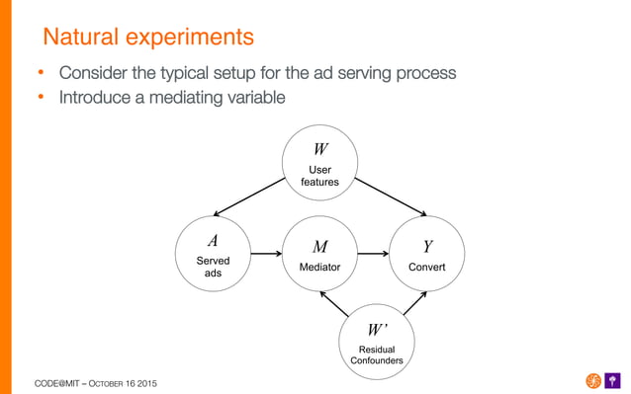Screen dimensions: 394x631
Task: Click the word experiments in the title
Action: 190,39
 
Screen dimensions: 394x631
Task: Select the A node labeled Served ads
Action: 213,255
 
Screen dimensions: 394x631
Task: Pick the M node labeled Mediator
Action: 319,255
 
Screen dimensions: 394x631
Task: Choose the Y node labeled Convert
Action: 427,255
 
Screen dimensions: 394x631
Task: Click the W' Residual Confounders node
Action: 376,341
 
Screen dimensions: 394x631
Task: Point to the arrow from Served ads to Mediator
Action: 266,255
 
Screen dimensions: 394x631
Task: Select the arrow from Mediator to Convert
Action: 373,255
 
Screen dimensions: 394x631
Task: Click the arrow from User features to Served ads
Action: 248,197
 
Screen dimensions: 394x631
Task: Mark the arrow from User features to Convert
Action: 391,197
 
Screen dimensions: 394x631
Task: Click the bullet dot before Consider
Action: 42,75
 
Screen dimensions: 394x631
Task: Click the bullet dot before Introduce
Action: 42,99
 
